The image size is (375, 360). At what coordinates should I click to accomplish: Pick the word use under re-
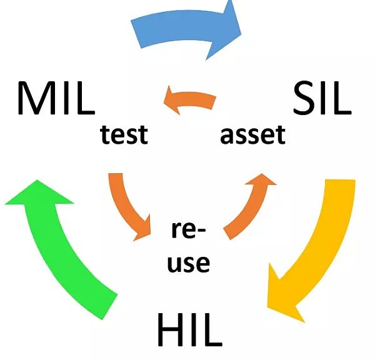pos(188,262)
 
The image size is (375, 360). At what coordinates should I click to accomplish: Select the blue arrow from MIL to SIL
pos(187,28)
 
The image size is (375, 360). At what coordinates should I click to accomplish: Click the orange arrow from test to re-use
pos(128,206)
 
